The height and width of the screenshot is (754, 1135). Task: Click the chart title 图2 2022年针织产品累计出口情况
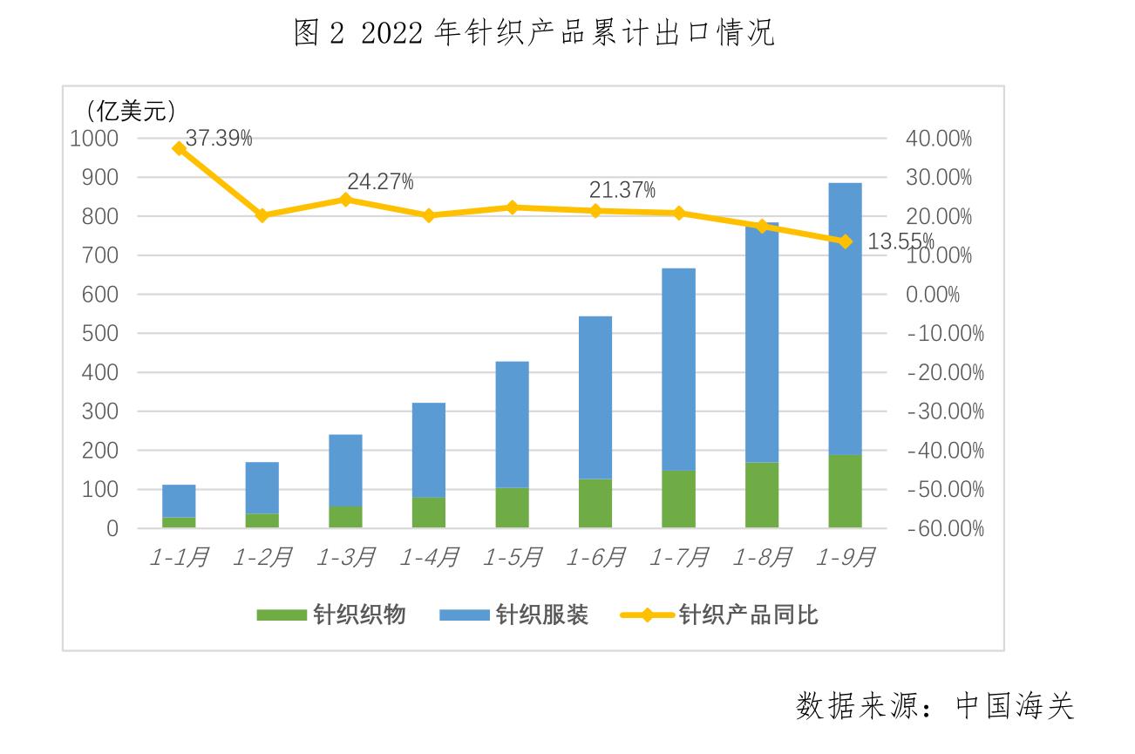(534, 34)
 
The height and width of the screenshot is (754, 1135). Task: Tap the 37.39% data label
(219, 138)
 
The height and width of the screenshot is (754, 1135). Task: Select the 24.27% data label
(380, 182)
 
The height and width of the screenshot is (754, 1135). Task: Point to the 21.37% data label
(622, 191)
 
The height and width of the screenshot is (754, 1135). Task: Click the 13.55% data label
(901, 241)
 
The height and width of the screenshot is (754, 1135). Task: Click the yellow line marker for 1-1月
(180, 148)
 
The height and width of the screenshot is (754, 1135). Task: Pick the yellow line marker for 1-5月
(513, 207)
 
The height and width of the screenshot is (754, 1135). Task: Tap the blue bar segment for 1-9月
(845, 318)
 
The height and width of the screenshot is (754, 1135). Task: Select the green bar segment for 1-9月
(845, 491)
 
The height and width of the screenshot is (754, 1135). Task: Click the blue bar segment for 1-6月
(595, 397)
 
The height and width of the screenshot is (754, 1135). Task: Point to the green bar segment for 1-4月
(429, 512)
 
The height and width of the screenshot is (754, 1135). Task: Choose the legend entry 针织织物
(331, 615)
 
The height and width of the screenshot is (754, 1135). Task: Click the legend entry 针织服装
(514, 615)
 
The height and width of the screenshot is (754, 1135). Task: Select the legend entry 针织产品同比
(720, 615)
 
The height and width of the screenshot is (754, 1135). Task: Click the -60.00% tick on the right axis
(945, 529)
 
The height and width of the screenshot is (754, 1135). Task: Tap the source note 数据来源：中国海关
(935, 705)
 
